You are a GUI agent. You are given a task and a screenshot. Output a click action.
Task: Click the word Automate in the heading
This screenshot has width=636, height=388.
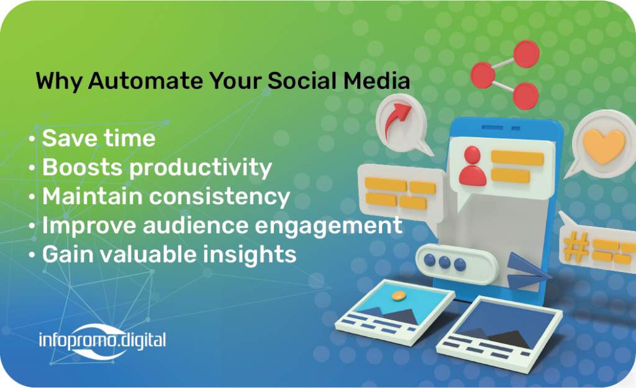[145, 80]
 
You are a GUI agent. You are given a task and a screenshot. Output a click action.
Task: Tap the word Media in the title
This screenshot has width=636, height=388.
[377, 80]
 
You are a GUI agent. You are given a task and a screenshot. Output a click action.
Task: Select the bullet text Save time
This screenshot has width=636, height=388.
[99, 138]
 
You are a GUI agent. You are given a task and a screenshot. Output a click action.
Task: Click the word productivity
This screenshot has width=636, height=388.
[201, 168]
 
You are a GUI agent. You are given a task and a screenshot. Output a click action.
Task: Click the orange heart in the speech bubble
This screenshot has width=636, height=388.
[604, 146]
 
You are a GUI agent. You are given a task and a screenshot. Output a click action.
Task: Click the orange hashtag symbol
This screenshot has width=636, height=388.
[576, 246]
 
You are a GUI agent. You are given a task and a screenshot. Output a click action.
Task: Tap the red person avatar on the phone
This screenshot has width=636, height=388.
[473, 166]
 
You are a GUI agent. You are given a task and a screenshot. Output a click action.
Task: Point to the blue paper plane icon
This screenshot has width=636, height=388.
[527, 271]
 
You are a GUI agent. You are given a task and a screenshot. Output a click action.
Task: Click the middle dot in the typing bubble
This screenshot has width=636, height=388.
[445, 263]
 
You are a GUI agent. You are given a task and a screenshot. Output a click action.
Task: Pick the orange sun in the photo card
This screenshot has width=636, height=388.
[399, 296]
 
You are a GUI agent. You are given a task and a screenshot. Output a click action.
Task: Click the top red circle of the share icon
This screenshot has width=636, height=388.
[527, 54]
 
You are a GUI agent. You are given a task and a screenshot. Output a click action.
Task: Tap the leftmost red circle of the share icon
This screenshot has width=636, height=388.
[483, 75]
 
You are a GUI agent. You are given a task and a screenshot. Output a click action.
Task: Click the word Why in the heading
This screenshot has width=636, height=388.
[59, 81]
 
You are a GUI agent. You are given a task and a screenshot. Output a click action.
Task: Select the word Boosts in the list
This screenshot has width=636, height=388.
[82, 168]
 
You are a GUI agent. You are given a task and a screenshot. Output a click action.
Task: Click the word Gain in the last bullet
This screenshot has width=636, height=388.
[68, 255]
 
